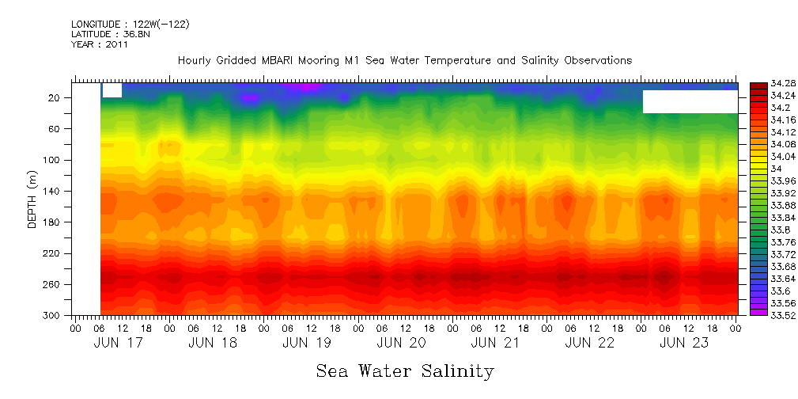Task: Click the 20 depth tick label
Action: click(x=55, y=98)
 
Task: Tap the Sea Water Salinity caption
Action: click(x=405, y=371)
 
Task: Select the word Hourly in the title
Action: click(x=195, y=61)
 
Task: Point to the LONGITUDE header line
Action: click(x=130, y=24)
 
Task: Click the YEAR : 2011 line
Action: click(x=100, y=44)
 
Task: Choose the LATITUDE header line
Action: click(x=107, y=34)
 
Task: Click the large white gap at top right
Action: click(x=690, y=101)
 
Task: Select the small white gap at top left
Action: click(x=112, y=90)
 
